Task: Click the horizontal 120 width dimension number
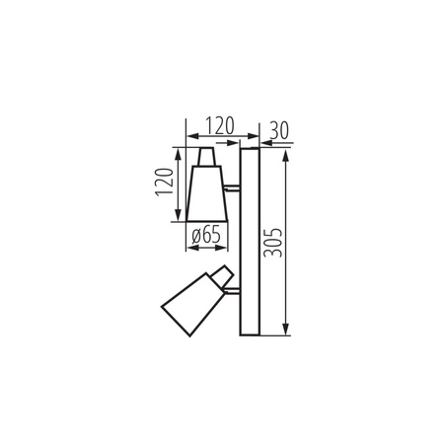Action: click(217, 127)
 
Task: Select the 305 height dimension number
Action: click(275, 240)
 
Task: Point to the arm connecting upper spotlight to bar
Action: click(232, 187)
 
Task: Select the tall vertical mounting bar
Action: click(248, 242)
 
